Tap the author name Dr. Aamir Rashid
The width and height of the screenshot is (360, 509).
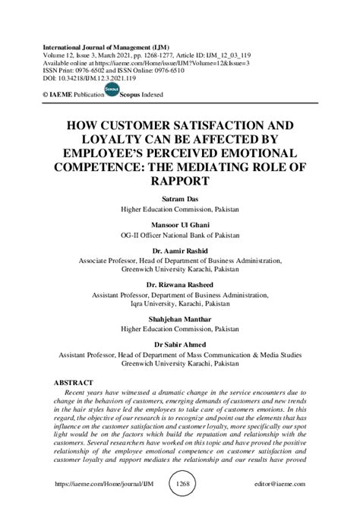point(180,251)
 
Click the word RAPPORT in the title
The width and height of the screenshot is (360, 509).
point(180,182)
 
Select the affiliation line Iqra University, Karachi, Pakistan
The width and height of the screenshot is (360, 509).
point(180,305)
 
